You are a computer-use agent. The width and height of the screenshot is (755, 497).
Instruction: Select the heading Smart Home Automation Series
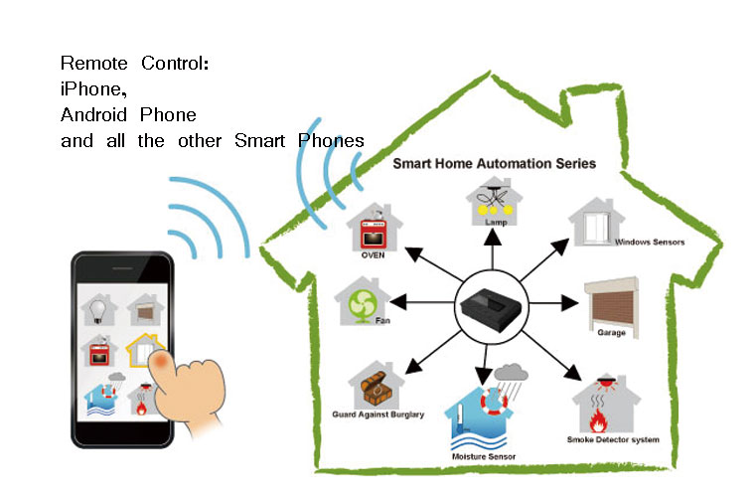[x=494, y=162]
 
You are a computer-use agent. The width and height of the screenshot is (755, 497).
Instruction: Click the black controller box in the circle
[x=489, y=309]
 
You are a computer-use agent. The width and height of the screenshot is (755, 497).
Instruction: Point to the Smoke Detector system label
[x=612, y=438]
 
